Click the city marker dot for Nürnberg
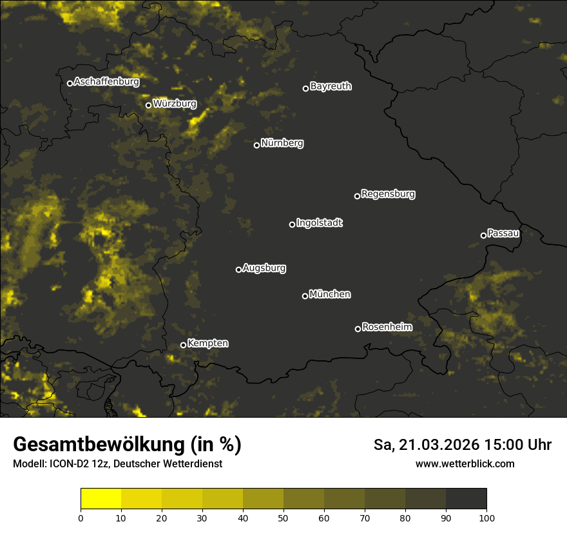pyautogui.click(x=256, y=145)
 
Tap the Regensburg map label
pyautogui.click(x=388, y=193)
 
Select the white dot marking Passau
pyautogui.click(x=483, y=235)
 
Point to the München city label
pyautogui.click(x=330, y=294)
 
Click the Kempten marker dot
pyautogui.click(x=183, y=345)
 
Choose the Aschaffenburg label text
pyautogui.click(x=106, y=82)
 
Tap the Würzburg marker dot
pyautogui.click(x=148, y=105)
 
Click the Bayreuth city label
pyautogui.click(x=331, y=86)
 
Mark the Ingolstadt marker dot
pyautogui.click(x=292, y=224)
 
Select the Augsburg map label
pyautogui.click(x=264, y=267)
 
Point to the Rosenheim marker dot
pyautogui.click(x=358, y=329)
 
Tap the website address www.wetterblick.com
pyautogui.click(x=465, y=463)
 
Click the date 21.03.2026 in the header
pyautogui.click(x=440, y=445)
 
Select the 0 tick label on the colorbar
pyautogui.click(x=81, y=517)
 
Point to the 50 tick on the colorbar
pyautogui.click(x=283, y=517)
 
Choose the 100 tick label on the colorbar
pyautogui.click(x=486, y=517)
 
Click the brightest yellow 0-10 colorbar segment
pyautogui.click(x=101, y=499)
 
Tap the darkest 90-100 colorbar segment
pyautogui.click(x=466, y=499)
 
